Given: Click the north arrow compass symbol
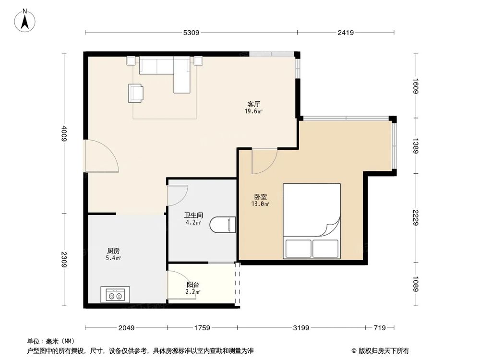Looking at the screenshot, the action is (x=25, y=21).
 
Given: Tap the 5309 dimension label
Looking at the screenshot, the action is (x=191, y=33).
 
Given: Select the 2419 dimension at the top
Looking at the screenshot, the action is (x=346, y=33).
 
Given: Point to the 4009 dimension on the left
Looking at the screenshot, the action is (x=64, y=133).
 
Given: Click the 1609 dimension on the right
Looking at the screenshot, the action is (x=415, y=86).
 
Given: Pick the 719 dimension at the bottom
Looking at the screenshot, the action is (x=380, y=328).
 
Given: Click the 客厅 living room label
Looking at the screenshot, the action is (x=254, y=104).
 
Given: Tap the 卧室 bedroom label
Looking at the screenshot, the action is (x=261, y=197).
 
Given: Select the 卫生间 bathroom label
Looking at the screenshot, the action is (x=193, y=216).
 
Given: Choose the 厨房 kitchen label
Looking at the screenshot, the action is (x=113, y=251).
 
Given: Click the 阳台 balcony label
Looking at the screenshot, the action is (x=193, y=285).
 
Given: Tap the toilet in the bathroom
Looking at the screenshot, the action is (x=223, y=225).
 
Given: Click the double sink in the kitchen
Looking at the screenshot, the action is (x=115, y=295).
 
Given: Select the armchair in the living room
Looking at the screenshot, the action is (x=136, y=93).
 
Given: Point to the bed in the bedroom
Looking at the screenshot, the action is (x=312, y=221).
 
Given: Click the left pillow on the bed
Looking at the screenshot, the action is (x=299, y=248).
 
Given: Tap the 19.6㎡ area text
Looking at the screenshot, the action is (x=254, y=111).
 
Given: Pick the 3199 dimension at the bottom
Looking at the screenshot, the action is (x=301, y=328).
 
